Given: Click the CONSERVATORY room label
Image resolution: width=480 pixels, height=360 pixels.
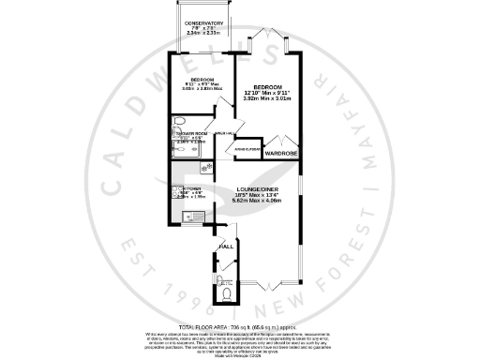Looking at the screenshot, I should point(203,22).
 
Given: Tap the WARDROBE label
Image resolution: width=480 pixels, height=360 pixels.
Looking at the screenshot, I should point(280,152).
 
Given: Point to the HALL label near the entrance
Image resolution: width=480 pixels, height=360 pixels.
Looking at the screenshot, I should point(226,247).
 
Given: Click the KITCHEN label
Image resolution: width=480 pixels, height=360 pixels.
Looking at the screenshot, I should point(192,188).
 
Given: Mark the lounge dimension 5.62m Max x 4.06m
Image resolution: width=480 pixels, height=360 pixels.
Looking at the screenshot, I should point(257,201).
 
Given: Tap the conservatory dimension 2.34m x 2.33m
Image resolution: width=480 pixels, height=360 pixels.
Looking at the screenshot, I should point(203,34).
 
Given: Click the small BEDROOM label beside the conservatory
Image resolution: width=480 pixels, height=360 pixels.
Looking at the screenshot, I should point(202,79).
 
